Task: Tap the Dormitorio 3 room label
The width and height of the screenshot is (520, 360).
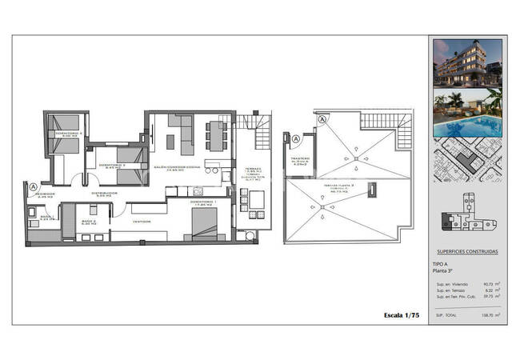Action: point(112,166)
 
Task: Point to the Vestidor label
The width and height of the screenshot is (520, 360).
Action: point(142,222)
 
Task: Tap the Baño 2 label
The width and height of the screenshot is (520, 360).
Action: point(88,222)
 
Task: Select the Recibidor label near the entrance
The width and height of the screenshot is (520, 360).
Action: point(45,194)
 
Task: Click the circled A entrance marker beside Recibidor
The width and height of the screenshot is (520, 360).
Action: point(33,188)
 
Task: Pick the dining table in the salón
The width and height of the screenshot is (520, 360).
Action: point(215,135)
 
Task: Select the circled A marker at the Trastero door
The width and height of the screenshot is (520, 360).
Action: point(295,139)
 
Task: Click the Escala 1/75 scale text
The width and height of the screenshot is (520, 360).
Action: point(402,316)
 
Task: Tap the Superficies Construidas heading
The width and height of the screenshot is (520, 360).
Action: point(466,251)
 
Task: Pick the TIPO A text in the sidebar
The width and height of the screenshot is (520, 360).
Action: point(440,263)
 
